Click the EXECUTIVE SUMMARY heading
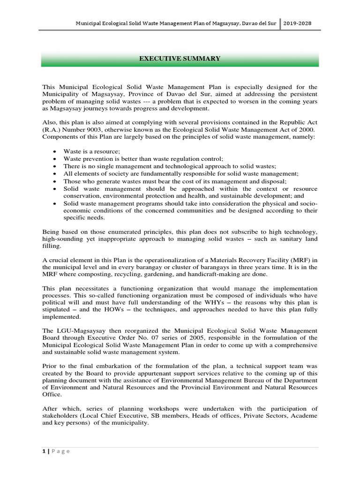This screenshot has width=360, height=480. (180, 59)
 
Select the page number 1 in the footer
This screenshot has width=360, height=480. (44, 451)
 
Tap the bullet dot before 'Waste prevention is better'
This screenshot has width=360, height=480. (55, 159)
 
